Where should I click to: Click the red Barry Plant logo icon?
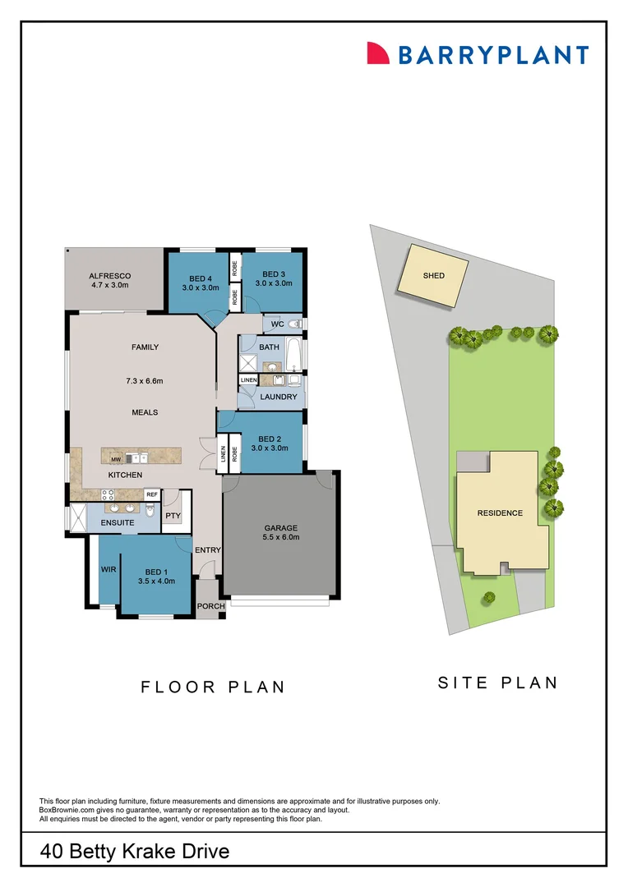point(378,53)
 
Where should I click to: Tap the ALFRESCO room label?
point(110,276)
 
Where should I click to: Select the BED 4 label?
point(198,278)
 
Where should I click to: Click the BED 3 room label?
point(274,273)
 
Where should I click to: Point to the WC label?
point(277,324)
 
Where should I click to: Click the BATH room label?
point(269,347)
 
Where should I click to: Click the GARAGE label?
point(280,528)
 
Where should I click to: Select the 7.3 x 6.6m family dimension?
point(145,380)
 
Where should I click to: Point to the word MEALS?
point(145,412)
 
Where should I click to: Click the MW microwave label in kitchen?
point(118,458)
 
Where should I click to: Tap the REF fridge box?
point(151,494)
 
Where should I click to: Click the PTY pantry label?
point(173,516)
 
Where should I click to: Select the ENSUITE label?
point(118,522)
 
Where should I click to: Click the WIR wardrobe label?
point(108,569)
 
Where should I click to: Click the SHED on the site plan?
point(433,276)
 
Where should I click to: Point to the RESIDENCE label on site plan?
point(500,513)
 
